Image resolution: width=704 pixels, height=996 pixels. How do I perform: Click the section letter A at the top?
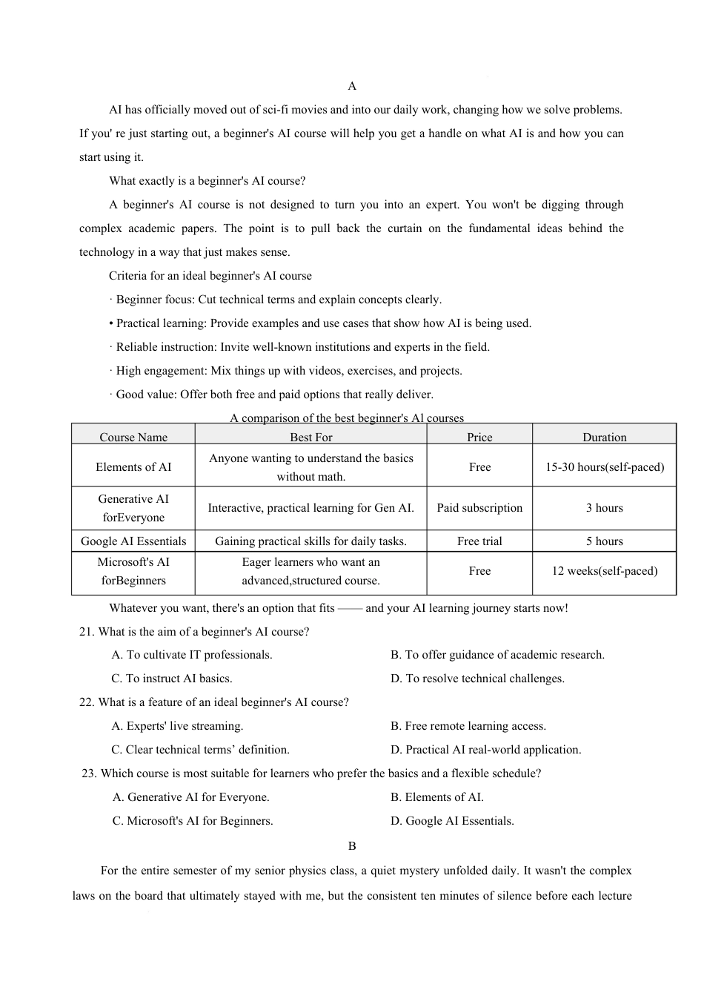352,86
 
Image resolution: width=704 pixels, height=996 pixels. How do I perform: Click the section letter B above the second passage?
352,846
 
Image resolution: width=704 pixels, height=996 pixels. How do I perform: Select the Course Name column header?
133,437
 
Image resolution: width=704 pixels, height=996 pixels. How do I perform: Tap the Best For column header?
311,437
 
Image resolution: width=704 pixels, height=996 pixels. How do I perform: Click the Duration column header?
604,437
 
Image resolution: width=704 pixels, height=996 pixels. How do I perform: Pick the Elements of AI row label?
133,467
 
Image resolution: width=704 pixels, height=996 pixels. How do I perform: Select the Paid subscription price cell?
479,508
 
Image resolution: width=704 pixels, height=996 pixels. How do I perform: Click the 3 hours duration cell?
604,508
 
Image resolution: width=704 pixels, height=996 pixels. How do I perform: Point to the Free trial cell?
479,541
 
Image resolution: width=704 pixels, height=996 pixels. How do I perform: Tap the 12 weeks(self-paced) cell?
604,571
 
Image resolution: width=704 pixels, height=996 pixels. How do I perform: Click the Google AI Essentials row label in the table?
133,541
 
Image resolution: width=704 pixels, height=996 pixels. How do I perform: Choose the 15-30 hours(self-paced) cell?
604,467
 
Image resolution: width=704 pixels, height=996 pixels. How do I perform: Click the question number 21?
86,632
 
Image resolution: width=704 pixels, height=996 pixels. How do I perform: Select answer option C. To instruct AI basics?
172,679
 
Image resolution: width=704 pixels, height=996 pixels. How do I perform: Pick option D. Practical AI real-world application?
485,750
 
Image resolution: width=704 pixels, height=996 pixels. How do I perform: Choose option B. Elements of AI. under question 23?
436,797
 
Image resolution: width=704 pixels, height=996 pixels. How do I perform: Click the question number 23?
89,774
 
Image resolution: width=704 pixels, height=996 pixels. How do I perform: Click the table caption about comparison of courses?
347,418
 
